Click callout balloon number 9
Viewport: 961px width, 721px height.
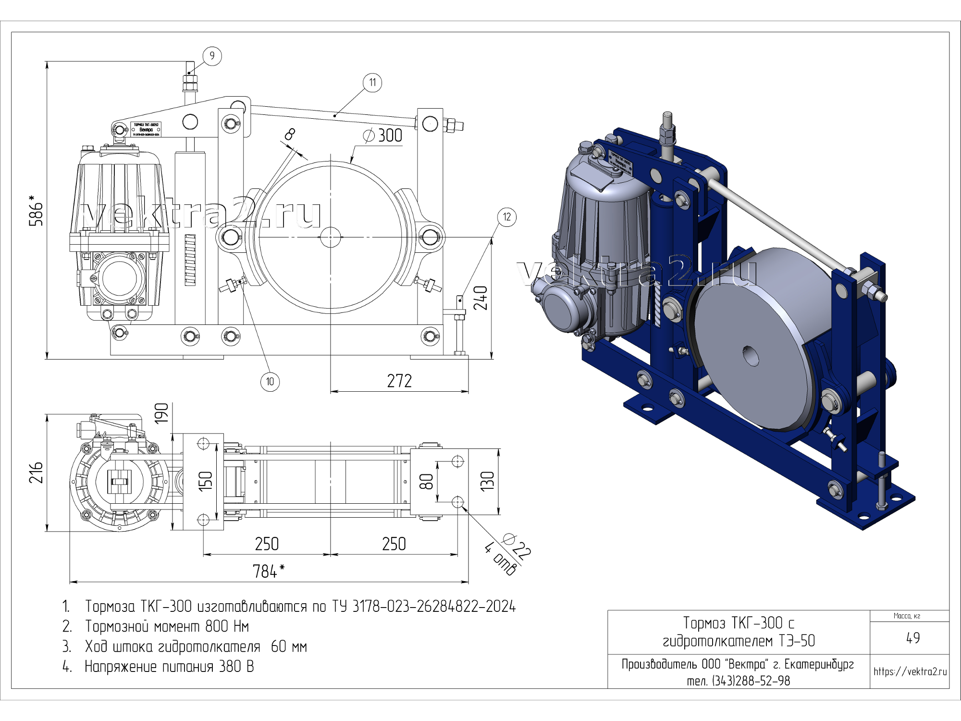[212, 56]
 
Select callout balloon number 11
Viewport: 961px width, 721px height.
[372, 83]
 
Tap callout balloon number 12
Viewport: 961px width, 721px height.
[507, 217]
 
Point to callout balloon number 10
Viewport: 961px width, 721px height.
[270, 382]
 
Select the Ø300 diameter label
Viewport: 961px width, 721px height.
[383, 136]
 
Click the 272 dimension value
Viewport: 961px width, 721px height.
[399, 381]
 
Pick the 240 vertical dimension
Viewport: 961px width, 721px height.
[480, 298]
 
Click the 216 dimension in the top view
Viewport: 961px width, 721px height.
[37, 472]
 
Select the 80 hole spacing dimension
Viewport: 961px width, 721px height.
[427, 481]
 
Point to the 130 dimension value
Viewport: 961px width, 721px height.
[488, 481]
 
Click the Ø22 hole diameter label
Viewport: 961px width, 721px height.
[517, 545]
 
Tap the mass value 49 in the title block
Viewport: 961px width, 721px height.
[913, 638]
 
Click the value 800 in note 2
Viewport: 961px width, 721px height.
[217, 626]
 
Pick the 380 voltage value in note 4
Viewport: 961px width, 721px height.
[230, 667]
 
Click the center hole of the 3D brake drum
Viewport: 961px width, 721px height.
[751, 356]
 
